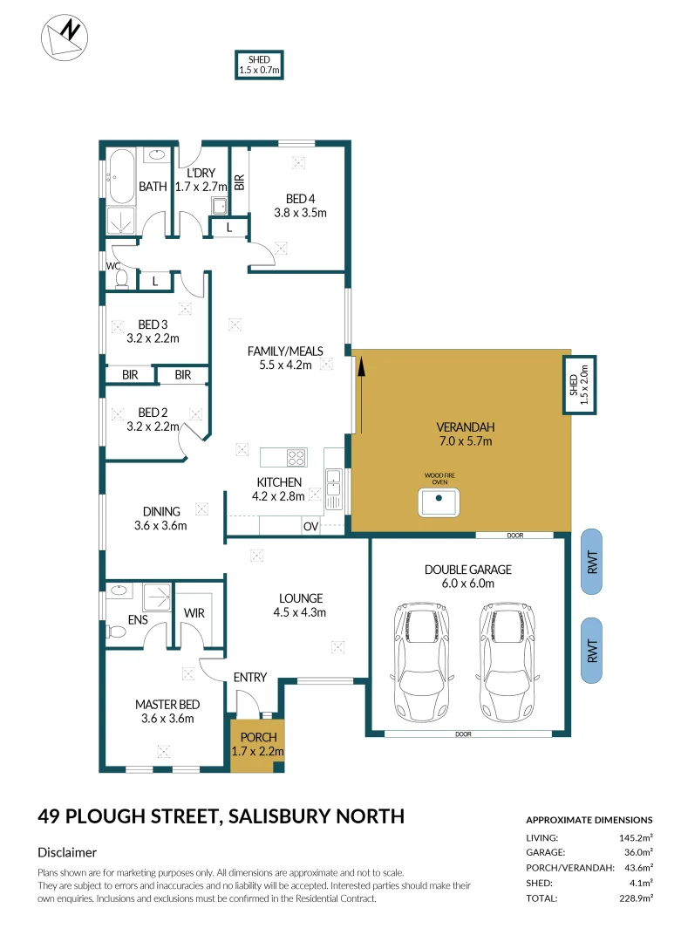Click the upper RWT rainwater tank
click(x=591, y=562)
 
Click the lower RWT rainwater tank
click(x=591, y=650)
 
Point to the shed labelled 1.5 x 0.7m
click(x=260, y=65)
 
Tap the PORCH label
click(x=258, y=737)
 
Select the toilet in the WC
click(x=121, y=279)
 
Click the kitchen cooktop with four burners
click(x=296, y=457)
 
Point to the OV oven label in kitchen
click(x=310, y=527)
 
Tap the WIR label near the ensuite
click(x=194, y=613)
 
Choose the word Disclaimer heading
click(x=67, y=852)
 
